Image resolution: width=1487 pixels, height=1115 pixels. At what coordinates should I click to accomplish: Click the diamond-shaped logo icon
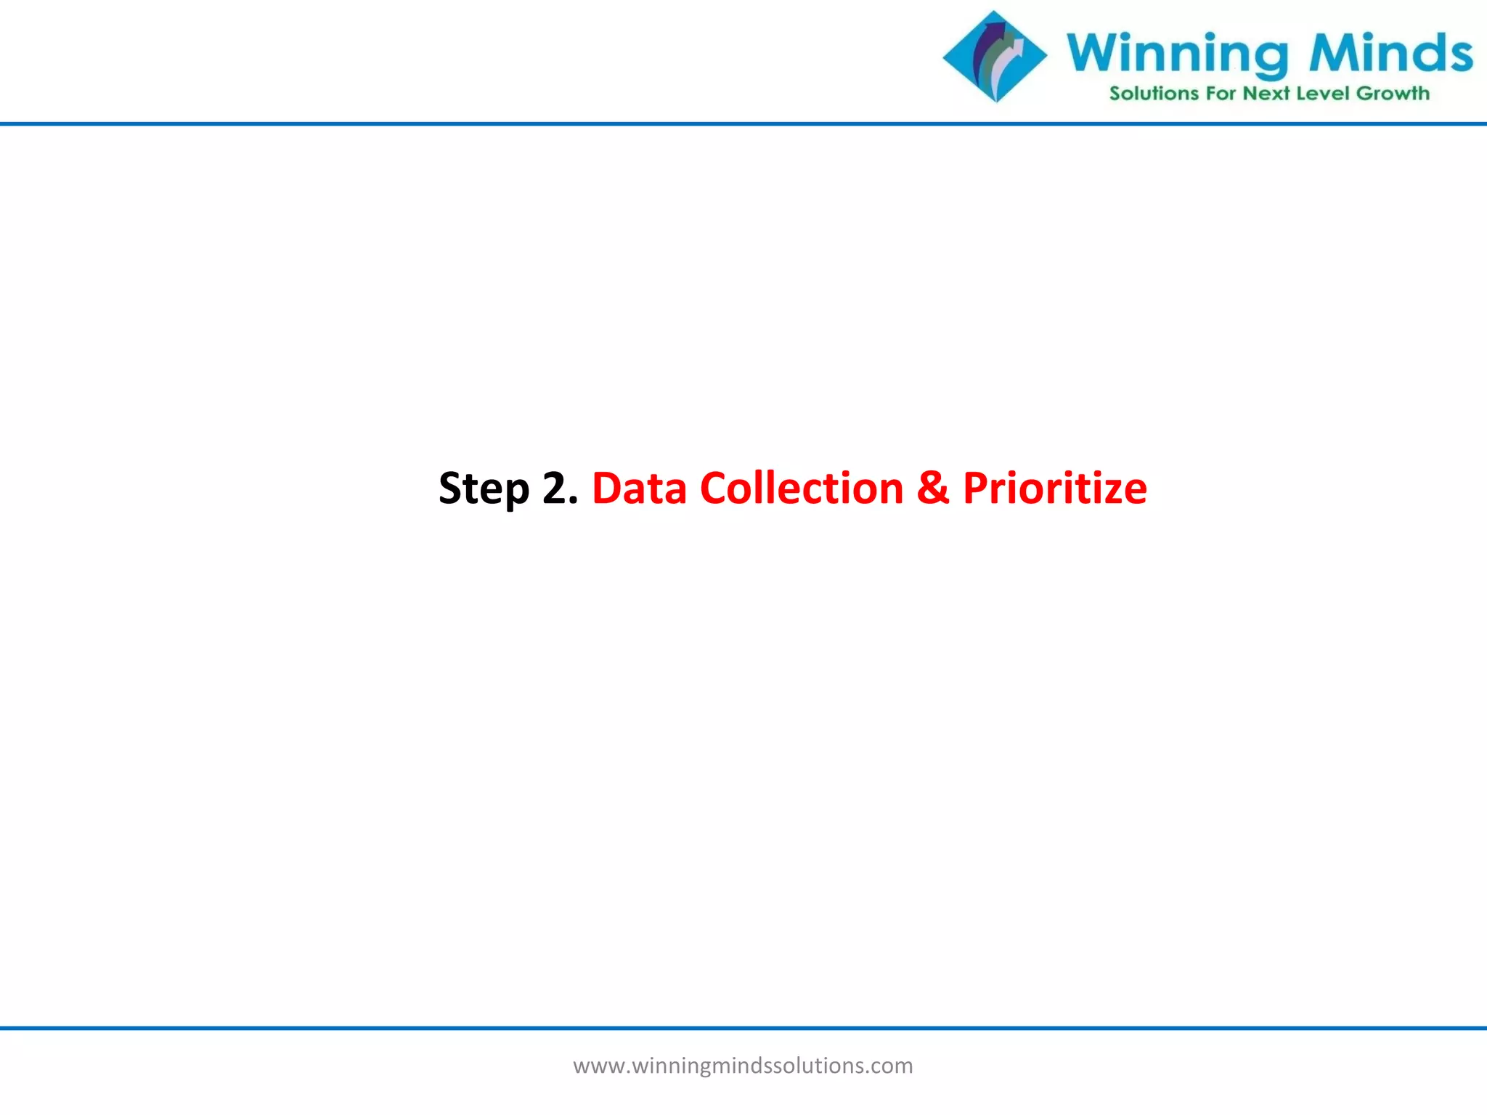pyautogui.click(x=995, y=57)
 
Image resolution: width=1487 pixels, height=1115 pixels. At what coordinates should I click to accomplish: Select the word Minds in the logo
pyautogui.click(x=1390, y=52)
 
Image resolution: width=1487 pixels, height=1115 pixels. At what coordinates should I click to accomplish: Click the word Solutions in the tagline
pyautogui.click(x=1154, y=94)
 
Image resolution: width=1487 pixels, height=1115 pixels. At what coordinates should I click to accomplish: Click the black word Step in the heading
pyautogui.click(x=484, y=489)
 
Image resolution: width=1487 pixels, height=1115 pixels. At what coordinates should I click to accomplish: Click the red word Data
pyautogui.click(x=639, y=488)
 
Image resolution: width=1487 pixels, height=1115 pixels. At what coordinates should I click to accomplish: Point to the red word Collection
pyautogui.click(x=802, y=488)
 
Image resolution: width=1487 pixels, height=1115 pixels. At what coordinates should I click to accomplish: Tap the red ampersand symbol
pyautogui.click(x=933, y=488)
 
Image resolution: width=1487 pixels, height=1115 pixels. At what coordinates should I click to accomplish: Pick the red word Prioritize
pyautogui.click(x=1054, y=488)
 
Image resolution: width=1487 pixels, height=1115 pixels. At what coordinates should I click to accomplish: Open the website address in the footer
pyautogui.click(x=743, y=1066)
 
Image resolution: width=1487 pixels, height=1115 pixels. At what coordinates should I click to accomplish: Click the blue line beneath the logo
pyautogui.click(x=743, y=124)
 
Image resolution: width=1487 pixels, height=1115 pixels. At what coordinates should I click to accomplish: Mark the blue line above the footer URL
pyautogui.click(x=743, y=1028)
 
